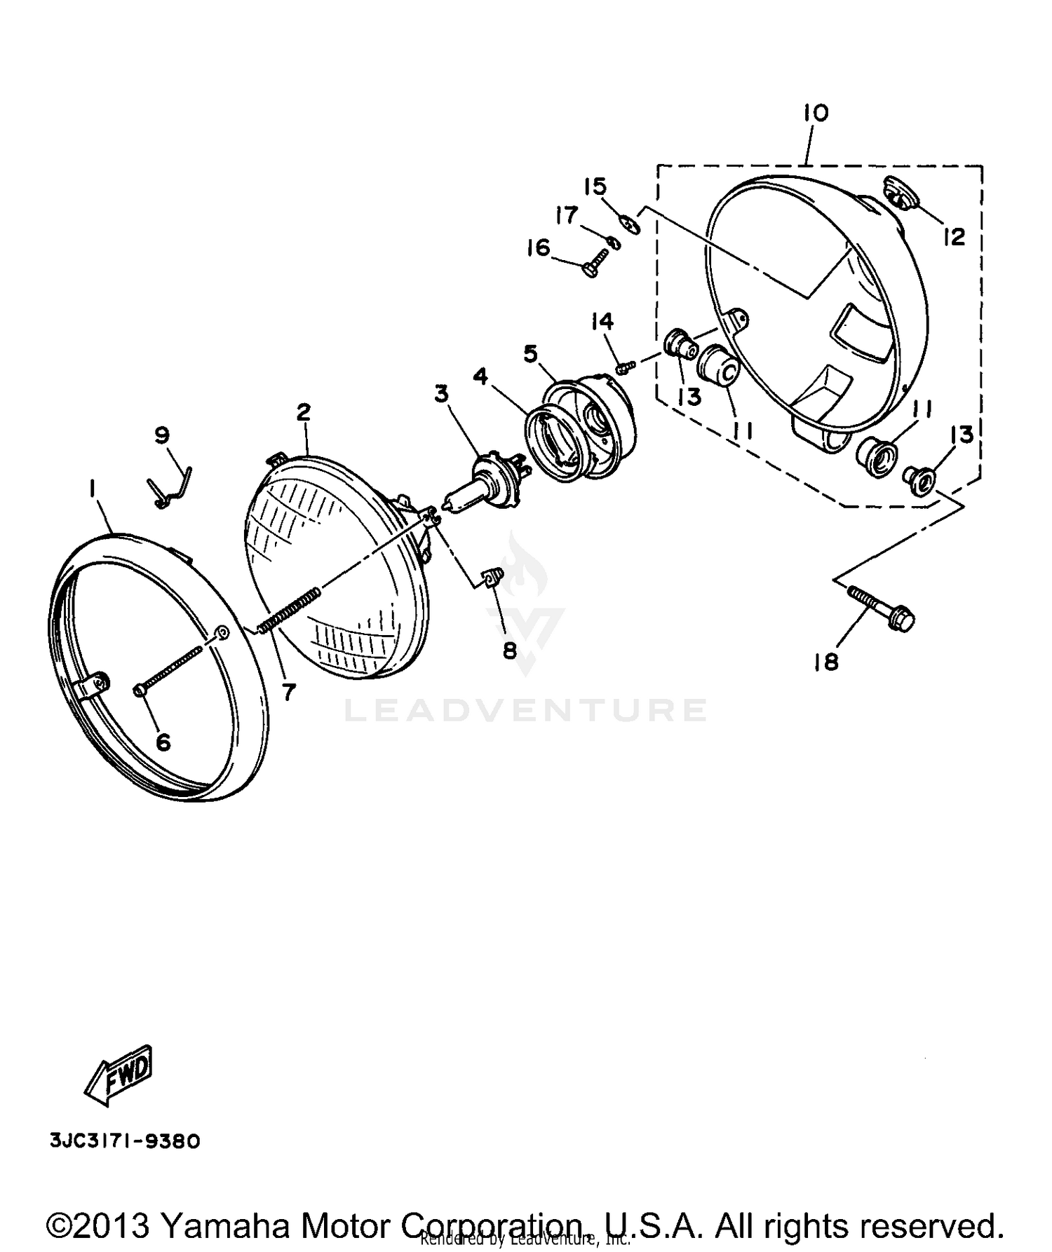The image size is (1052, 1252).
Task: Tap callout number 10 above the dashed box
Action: point(816,113)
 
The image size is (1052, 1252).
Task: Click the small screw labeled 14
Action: point(626,367)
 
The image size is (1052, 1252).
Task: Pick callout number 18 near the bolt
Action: point(826,661)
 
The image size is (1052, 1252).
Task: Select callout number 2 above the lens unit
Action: point(303,412)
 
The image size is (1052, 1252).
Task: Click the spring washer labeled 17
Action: point(614,243)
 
